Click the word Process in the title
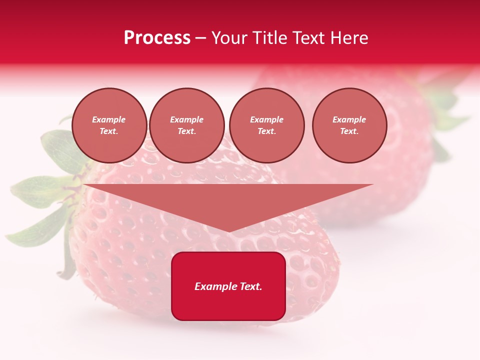click(x=157, y=37)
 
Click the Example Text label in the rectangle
click(x=228, y=286)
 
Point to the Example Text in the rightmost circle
click(x=349, y=125)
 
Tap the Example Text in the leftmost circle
click(x=109, y=125)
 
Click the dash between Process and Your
click(x=201, y=38)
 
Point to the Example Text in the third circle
click(x=266, y=125)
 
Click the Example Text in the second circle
click(x=187, y=125)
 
